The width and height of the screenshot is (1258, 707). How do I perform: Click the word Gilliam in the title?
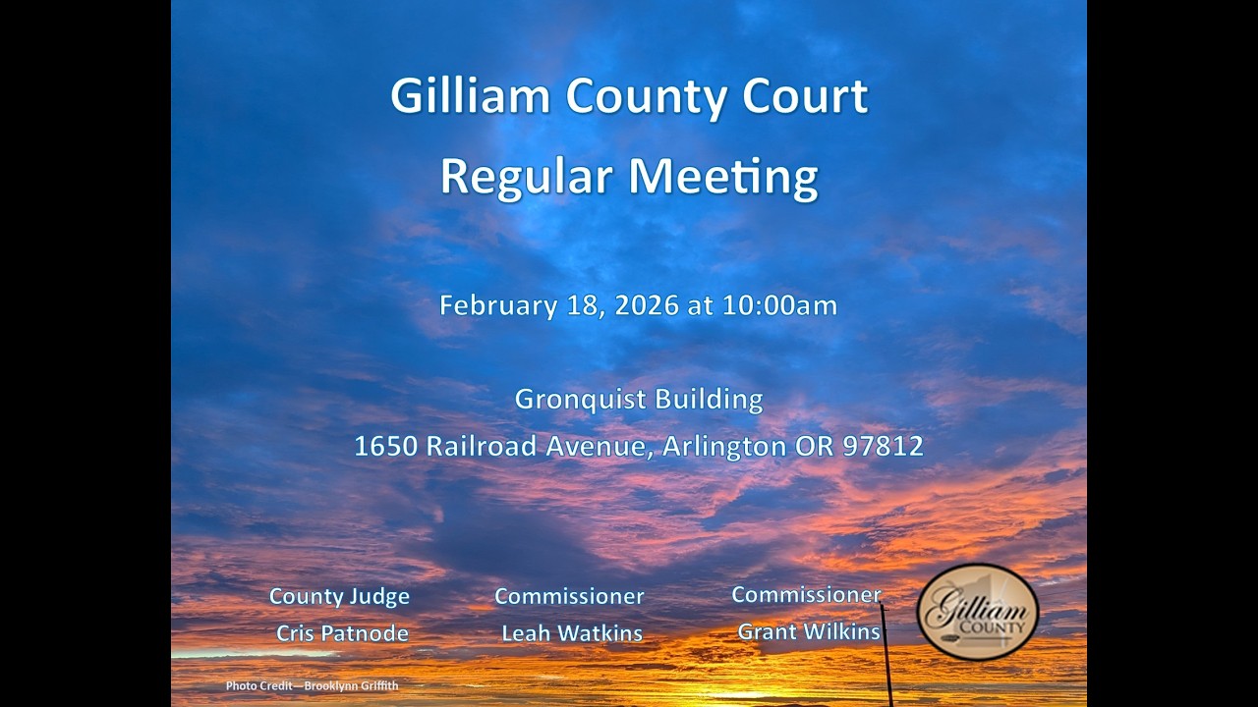coord(470,96)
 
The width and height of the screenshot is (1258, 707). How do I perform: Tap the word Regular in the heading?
coord(526,177)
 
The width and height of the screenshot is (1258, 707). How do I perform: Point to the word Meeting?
coord(723,177)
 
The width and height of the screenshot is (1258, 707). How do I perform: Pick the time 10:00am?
coord(780,305)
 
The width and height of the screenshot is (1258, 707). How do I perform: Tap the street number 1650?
coord(386,447)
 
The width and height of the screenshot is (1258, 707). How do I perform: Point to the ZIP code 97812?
coord(884,447)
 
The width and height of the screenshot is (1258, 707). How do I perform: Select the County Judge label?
coord(339,596)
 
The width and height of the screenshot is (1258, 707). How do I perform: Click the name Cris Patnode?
coord(342,633)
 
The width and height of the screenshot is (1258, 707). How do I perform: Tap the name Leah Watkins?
coord(572,633)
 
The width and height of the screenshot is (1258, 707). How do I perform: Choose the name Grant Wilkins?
coord(809,631)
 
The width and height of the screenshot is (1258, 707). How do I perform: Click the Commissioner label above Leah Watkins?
coord(569,596)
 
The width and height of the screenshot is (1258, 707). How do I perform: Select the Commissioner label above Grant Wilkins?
coord(806,594)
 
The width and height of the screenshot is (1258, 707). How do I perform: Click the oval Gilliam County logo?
coord(978,611)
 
